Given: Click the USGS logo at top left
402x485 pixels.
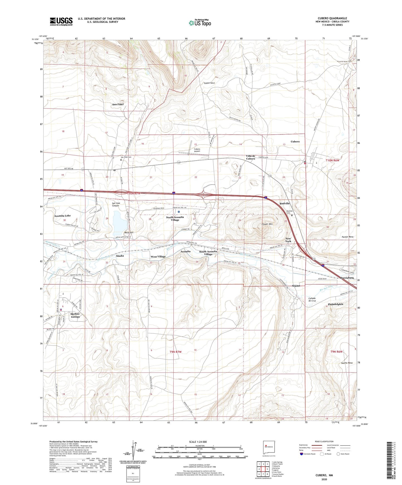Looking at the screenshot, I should pos(61,21).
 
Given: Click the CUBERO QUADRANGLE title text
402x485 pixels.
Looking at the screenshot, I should pos(332,18).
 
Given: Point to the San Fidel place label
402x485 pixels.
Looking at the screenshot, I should pos(118,104).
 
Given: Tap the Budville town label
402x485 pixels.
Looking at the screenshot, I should pos(285,203).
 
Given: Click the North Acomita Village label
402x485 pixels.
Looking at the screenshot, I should pos(175,218).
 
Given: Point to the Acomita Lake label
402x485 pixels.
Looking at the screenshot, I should pos(62,216).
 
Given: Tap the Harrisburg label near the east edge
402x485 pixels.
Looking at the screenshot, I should pos(347,277).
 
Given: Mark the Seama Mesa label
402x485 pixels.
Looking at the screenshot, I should pos(347,363).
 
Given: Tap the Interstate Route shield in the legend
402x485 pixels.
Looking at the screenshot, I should pos(302,454).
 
